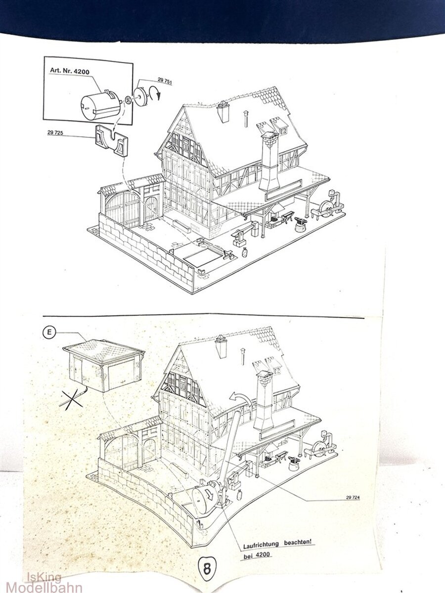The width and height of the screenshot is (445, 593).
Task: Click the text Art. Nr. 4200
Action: (69, 71)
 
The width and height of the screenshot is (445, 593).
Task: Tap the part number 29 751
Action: (165, 80)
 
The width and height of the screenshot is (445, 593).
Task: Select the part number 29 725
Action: (55, 132)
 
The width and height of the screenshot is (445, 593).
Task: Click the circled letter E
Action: (49, 332)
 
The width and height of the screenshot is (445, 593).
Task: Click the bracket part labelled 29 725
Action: (111, 140)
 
